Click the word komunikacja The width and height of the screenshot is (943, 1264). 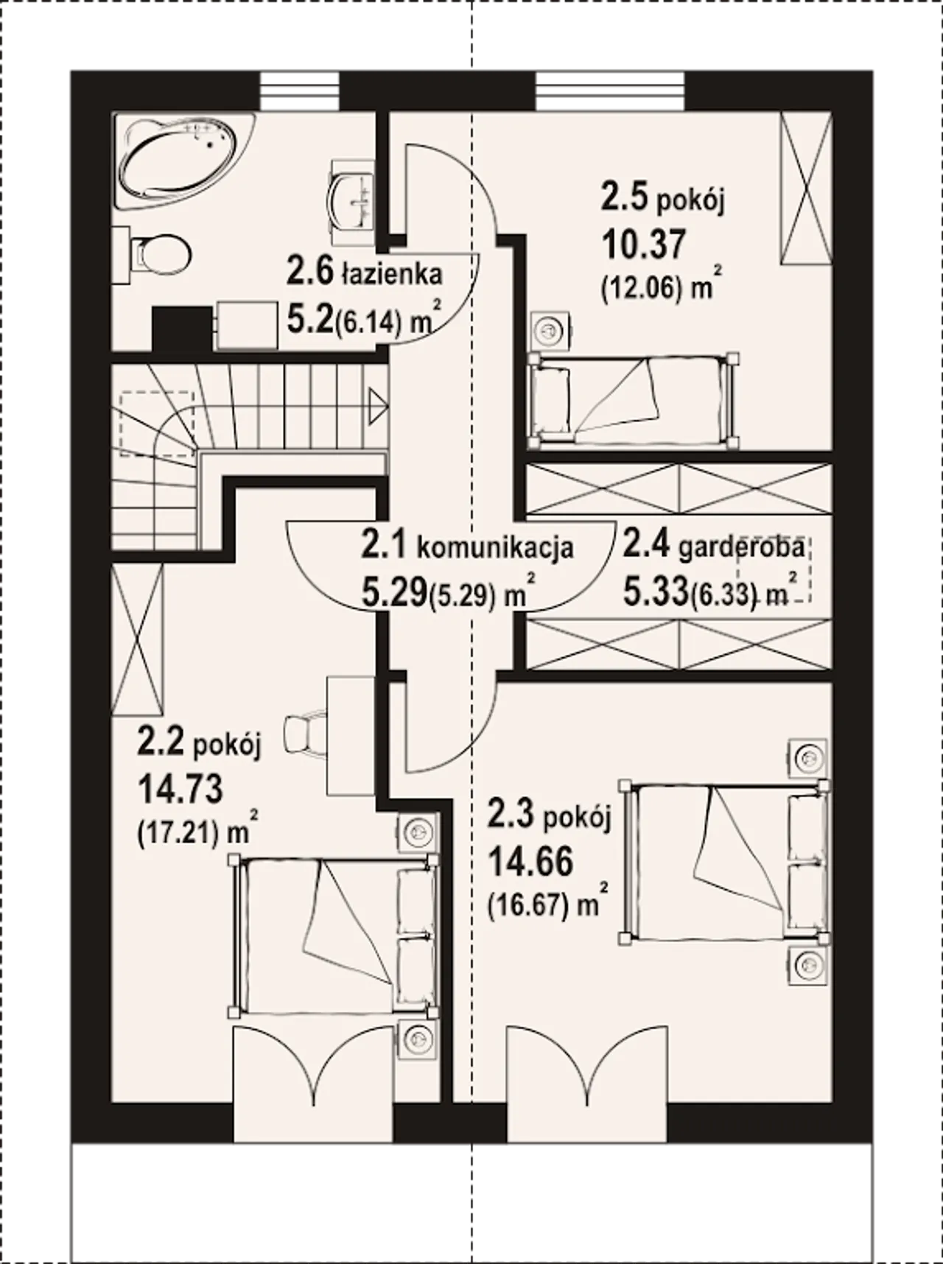[495, 549]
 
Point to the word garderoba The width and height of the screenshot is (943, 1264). [741, 548]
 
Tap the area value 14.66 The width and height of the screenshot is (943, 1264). [530, 861]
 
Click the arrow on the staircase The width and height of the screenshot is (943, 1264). [378, 407]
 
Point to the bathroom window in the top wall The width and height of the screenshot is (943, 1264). [301, 91]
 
